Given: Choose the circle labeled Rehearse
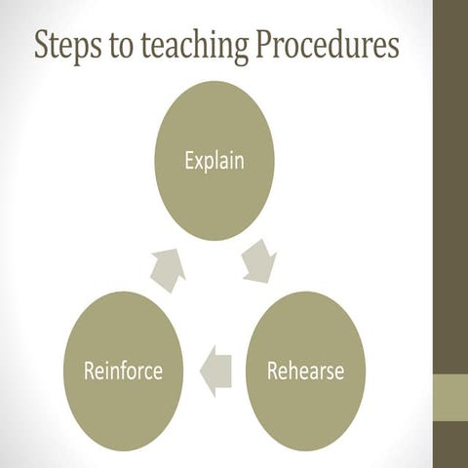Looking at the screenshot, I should click(304, 370).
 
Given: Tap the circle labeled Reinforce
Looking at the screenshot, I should click(122, 370).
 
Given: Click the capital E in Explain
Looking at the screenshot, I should click(188, 159).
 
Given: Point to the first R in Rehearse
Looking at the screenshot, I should click(272, 370).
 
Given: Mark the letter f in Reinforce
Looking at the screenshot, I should click(127, 370).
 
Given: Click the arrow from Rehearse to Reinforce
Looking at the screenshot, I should click(215, 370).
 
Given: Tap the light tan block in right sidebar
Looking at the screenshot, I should click(450, 396).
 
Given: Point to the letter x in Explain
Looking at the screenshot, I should click(199, 161).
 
